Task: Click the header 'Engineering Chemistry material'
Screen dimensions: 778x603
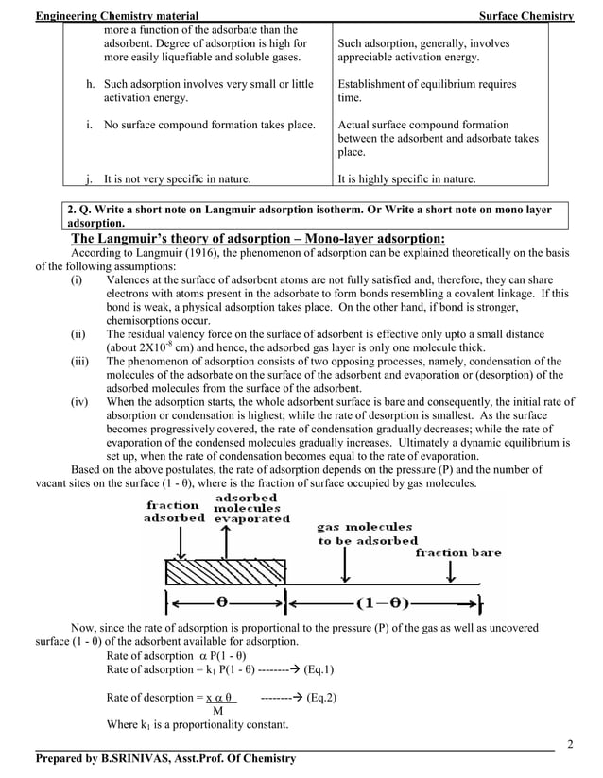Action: (116, 16)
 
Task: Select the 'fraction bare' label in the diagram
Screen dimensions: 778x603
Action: (458, 552)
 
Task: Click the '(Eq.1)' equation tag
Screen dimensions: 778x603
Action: (312, 669)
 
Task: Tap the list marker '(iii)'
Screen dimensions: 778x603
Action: (82, 361)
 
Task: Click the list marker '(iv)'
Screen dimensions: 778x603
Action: (81, 401)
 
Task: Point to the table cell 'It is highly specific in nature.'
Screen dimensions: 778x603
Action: (407, 178)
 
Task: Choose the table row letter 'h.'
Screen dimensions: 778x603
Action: (91, 84)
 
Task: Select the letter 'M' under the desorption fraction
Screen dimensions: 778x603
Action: (218, 711)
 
